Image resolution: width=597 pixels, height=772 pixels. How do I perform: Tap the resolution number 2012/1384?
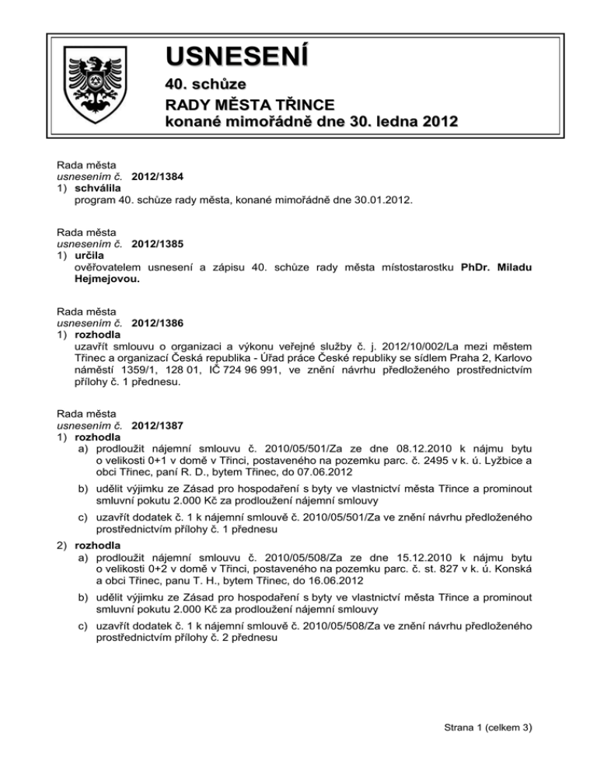(x=159, y=177)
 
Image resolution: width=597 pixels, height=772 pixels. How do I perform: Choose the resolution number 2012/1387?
(x=159, y=426)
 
